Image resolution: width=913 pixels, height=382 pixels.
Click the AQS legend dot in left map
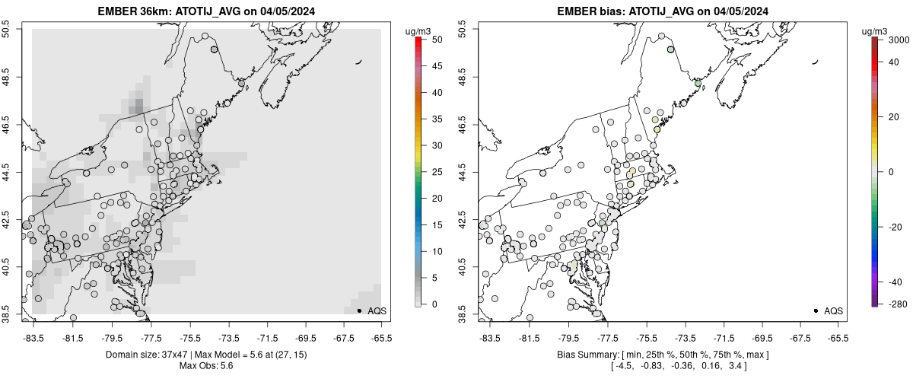pos(359,310)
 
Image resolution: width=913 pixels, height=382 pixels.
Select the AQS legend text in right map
pos(833,310)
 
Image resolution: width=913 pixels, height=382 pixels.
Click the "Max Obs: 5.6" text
pos(206,368)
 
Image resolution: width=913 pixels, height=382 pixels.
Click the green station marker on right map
pos(697,83)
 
